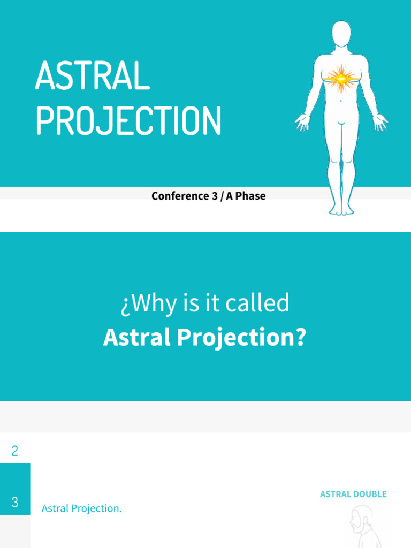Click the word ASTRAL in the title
coord(92,76)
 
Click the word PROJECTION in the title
coord(128,121)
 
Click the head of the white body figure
coord(341,34)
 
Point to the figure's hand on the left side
coord(302,122)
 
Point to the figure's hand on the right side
coord(380,122)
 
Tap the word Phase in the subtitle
coord(250,196)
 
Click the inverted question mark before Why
coord(125,304)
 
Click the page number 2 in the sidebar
coord(14,451)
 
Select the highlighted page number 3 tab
coord(15,502)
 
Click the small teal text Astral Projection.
coord(81,508)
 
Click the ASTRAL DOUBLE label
coord(353,494)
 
